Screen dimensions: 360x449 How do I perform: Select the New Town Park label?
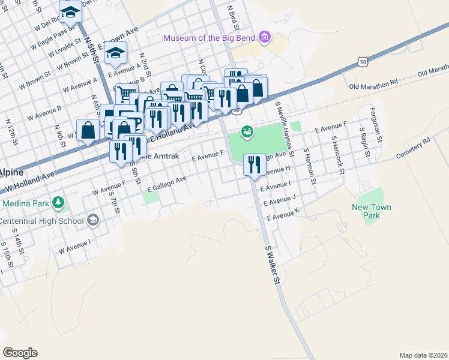pyautogui.click(x=371, y=211)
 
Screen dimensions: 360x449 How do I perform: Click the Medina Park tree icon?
pyautogui.click(x=58, y=203)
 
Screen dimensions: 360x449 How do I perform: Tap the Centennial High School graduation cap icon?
pyautogui.click(x=92, y=221)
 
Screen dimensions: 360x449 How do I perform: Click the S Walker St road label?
pyautogui.click(x=273, y=265)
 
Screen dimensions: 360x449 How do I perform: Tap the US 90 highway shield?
pyautogui.click(x=361, y=61)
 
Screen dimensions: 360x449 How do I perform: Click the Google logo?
pyautogui.click(x=20, y=353)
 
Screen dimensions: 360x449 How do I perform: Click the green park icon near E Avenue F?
pyautogui.click(x=247, y=131)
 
